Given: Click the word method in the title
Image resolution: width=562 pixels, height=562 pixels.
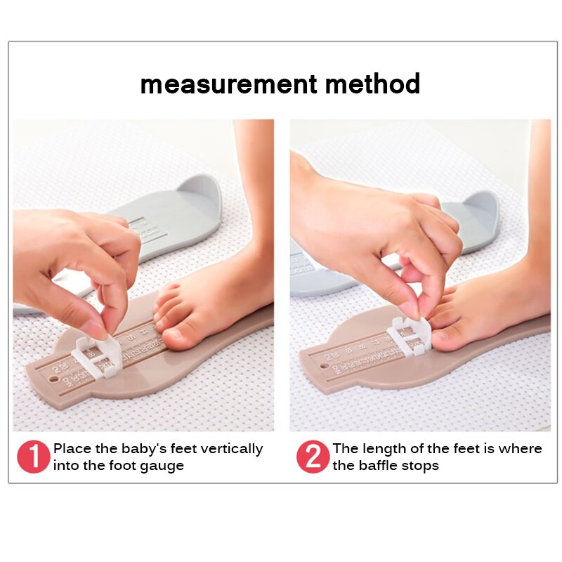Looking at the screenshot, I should pyautogui.click(x=372, y=84).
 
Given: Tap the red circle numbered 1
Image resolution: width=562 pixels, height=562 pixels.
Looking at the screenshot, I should pyautogui.click(x=33, y=457).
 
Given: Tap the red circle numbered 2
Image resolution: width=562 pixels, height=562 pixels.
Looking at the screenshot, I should pyautogui.click(x=313, y=457).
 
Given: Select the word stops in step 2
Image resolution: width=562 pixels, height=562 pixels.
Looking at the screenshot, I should pyautogui.click(x=421, y=466).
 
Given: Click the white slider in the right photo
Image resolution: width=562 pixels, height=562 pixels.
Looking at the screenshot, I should pyautogui.click(x=407, y=336).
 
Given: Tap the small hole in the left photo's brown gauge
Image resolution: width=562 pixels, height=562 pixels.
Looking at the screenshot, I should pyautogui.click(x=53, y=381).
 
